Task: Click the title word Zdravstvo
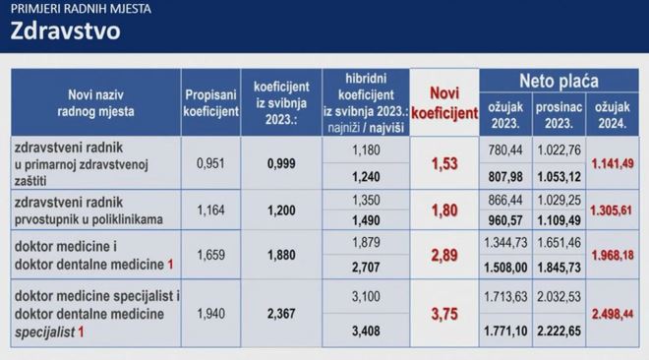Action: pyautogui.click(x=66, y=31)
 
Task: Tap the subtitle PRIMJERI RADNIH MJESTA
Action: pyautogui.click(x=81, y=9)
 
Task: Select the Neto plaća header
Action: pyautogui.click(x=559, y=81)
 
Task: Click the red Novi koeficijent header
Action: pyautogui.click(x=444, y=103)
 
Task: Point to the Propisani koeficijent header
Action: pyautogui.click(x=211, y=103)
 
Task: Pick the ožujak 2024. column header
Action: pyautogui.click(x=613, y=115)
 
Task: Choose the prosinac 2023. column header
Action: pyautogui.click(x=559, y=115)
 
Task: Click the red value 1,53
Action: pyautogui.click(x=444, y=164)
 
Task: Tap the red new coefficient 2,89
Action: pyautogui.click(x=444, y=256)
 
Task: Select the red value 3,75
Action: pyautogui.click(x=444, y=314)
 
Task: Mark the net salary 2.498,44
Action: pyautogui.click(x=613, y=314)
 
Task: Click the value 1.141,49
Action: pyautogui.click(x=613, y=164)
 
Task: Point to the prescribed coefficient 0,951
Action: pyautogui.click(x=210, y=163)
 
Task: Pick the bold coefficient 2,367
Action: pyautogui.click(x=281, y=314)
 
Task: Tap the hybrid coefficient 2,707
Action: pyautogui.click(x=366, y=268)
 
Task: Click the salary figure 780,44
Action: pyautogui.click(x=505, y=150)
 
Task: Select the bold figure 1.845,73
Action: pyautogui.click(x=559, y=268)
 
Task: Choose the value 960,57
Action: pyautogui.click(x=505, y=220)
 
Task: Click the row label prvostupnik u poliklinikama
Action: pyautogui.click(x=88, y=219)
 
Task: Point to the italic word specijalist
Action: pyautogui.click(x=44, y=331)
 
